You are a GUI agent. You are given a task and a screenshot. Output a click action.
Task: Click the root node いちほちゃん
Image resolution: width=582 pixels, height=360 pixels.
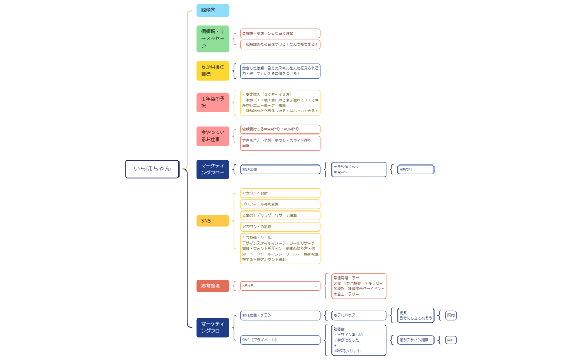(x=152, y=169)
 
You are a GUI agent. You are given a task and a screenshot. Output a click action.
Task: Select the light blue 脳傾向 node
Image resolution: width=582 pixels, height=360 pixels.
(x=212, y=11)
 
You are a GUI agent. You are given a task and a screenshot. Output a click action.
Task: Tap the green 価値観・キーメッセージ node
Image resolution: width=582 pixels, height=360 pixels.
(x=212, y=39)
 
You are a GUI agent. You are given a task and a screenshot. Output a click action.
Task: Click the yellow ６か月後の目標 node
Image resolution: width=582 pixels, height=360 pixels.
(x=212, y=70)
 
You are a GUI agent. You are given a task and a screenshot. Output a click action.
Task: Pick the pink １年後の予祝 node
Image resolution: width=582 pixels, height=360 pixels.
(x=212, y=102)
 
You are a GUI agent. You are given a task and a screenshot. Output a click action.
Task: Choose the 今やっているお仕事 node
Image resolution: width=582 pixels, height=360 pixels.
(x=212, y=136)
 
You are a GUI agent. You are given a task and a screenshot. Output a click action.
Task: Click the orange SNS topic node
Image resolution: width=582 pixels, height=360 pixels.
(x=212, y=220)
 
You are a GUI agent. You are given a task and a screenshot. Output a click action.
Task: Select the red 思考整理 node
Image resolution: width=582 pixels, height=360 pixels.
(x=212, y=286)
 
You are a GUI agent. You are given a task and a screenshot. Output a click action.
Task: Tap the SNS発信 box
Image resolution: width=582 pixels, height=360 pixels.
(x=280, y=169)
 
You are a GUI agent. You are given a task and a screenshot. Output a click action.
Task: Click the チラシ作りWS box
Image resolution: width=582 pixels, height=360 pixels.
(x=358, y=169)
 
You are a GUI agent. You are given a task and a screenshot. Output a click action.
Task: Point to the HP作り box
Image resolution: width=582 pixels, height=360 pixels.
(x=415, y=169)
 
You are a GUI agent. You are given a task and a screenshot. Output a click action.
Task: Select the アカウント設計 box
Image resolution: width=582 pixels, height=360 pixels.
(x=280, y=193)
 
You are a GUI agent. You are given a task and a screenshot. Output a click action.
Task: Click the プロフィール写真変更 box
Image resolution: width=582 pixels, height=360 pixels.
(x=280, y=204)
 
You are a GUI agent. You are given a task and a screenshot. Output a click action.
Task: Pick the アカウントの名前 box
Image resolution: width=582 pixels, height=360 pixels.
(x=280, y=227)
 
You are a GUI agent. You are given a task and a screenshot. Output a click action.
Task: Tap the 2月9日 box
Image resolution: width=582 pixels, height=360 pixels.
(x=280, y=286)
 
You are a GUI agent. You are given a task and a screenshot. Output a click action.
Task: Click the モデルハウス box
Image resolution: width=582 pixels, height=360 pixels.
(x=358, y=315)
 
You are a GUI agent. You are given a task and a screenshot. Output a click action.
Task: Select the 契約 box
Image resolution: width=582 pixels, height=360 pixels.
(x=451, y=315)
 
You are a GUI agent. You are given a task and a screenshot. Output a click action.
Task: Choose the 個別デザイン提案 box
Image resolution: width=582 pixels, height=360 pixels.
(x=415, y=340)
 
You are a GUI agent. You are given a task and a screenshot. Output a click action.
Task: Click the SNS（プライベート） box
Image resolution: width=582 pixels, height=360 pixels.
(x=280, y=340)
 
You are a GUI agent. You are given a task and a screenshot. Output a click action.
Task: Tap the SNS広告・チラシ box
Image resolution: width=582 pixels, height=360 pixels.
(x=280, y=315)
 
